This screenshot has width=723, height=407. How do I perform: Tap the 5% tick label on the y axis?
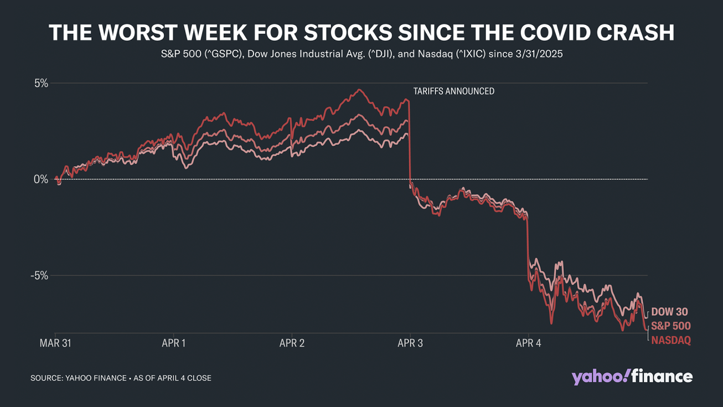(x=41, y=83)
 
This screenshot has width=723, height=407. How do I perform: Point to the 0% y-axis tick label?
(x=41, y=179)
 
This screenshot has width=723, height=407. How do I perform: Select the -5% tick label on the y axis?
(x=39, y=276)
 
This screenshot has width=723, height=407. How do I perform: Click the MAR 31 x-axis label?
(x=55, y=343)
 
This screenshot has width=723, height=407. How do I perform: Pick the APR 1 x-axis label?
(x=174, y=343)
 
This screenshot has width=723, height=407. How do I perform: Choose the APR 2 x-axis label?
(x=292, y=343)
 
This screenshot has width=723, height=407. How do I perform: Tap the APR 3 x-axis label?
(x=410, y=343)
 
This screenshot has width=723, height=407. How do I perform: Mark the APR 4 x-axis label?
(x=529, y=343)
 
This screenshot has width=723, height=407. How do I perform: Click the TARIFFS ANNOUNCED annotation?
(x=454, y=91)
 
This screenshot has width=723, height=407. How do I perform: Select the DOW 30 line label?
(x=669, y=312)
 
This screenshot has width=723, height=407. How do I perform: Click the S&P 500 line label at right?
(x=670, y=326)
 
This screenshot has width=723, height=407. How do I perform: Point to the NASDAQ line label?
(x=670, y=340)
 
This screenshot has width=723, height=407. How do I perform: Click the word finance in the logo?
(x=663, y=377)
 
